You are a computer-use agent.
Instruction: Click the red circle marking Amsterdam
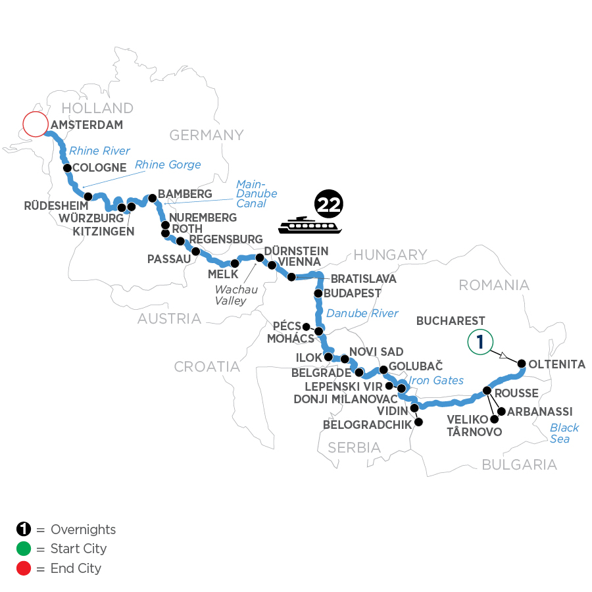tap(36, 124)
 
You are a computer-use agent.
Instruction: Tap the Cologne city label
tap(99, 168)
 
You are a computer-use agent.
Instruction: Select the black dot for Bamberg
tap(152, 197)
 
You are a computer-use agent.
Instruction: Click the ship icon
tap(309, 225)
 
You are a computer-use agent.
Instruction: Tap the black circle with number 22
tap(328, 205)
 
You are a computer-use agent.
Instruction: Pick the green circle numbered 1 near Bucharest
tap(481, 341)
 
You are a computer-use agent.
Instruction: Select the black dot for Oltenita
tap(522, 363)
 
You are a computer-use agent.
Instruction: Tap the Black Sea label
tap(564, 433)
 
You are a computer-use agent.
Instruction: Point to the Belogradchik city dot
tap(418, 422)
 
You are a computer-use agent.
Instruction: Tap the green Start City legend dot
tap(24, 549)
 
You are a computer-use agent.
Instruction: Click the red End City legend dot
tap(24, 568)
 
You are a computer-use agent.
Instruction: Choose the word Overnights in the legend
tap(82, 530)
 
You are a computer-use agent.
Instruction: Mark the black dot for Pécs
tap(306, 326)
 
